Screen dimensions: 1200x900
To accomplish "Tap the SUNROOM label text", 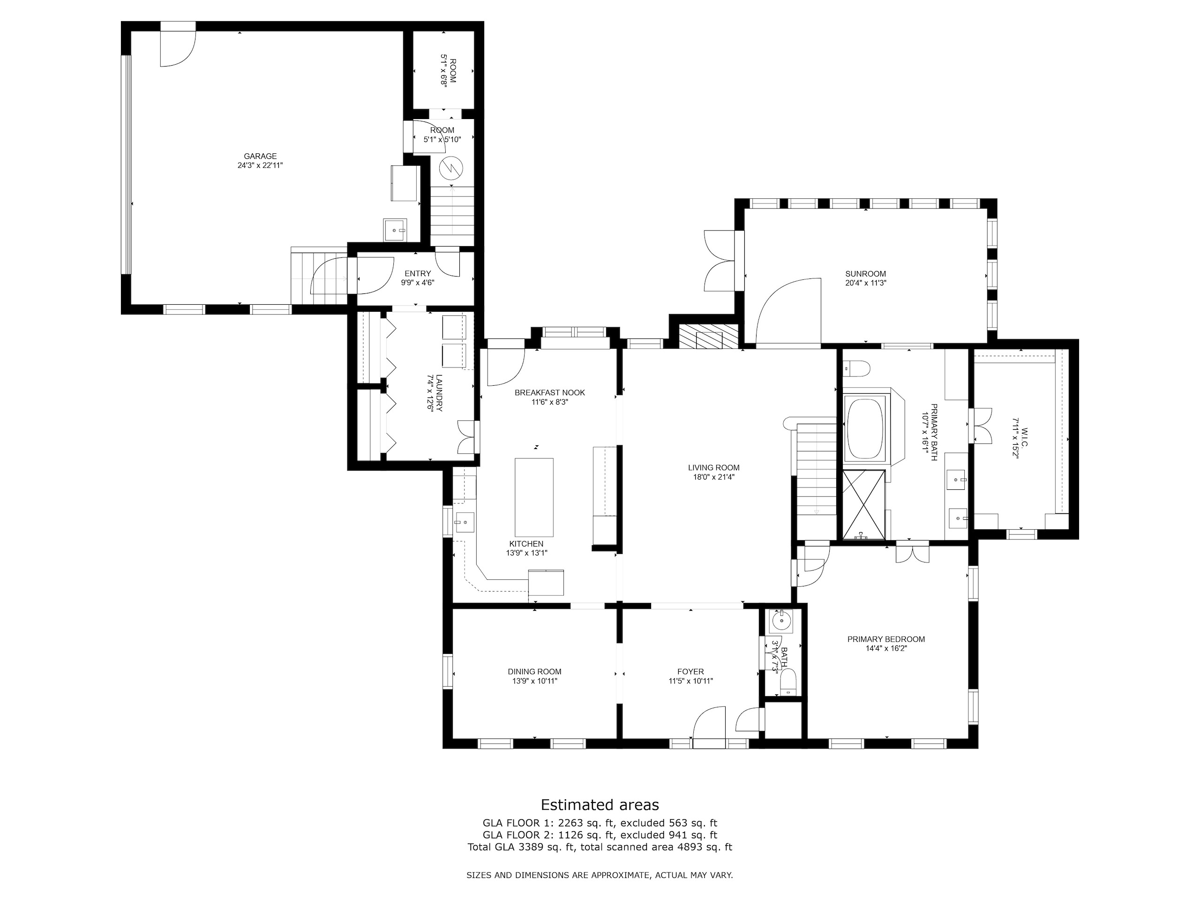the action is point(865,274).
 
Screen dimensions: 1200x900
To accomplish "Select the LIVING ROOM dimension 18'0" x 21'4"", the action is point(713,477).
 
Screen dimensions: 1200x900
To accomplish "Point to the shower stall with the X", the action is point(863,504).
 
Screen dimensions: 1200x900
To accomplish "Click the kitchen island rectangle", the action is point(534,497).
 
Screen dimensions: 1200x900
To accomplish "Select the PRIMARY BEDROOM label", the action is point(886,639).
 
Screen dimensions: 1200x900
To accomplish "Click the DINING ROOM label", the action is point(534,672).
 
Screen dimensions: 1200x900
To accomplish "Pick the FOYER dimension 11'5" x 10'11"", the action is point(690,681).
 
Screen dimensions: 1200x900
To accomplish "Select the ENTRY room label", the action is point(418,273).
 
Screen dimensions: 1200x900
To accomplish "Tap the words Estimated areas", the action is point(600,804).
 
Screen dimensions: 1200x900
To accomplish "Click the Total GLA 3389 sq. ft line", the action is point(600,847).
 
